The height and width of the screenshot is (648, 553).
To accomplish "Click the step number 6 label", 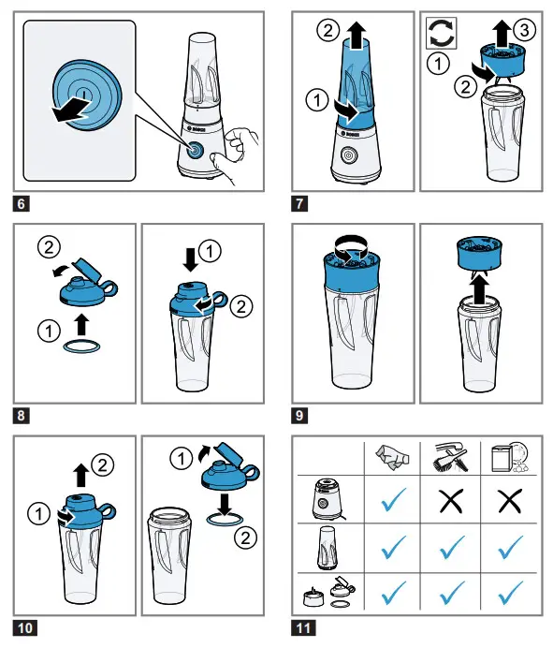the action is tap(22, 204).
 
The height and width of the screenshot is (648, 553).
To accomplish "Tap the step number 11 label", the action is tap(303, 628).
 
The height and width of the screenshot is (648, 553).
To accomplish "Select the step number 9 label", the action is tap(299, 416).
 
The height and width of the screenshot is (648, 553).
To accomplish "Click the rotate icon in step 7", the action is tap(441, 33).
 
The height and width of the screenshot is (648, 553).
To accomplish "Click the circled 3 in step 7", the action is tap(524, 30).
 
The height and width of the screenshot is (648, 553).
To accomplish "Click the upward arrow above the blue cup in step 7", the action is tap(356, 36).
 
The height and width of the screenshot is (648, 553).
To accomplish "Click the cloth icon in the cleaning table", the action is tap(392, 458).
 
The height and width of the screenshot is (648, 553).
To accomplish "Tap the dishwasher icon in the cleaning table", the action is tap(510, 457).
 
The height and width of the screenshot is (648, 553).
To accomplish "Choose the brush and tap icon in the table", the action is tap(451, 458).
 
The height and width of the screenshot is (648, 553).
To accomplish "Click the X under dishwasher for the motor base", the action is tap(510, 501).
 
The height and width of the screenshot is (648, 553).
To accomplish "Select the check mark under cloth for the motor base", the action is tap(394, 499).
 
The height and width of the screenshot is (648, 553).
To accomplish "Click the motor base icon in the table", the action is tap(327, 499).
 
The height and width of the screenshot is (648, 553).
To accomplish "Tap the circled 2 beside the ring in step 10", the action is tap(245, 538).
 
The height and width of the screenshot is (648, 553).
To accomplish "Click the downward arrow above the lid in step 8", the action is tap(190, 259).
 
